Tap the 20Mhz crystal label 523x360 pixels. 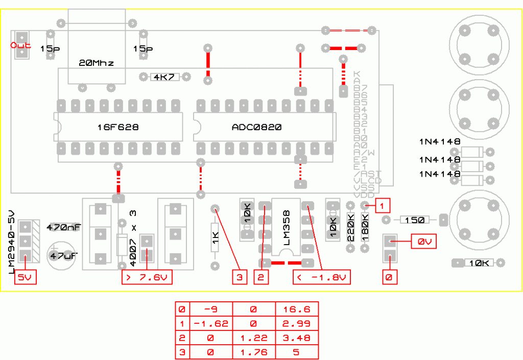96,63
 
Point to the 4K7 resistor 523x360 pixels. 164,77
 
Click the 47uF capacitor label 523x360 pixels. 63,254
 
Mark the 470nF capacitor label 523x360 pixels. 63,227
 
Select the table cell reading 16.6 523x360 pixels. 296,309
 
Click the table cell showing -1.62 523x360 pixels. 210,323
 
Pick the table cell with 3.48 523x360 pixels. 296,338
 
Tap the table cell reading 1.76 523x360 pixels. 253,352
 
